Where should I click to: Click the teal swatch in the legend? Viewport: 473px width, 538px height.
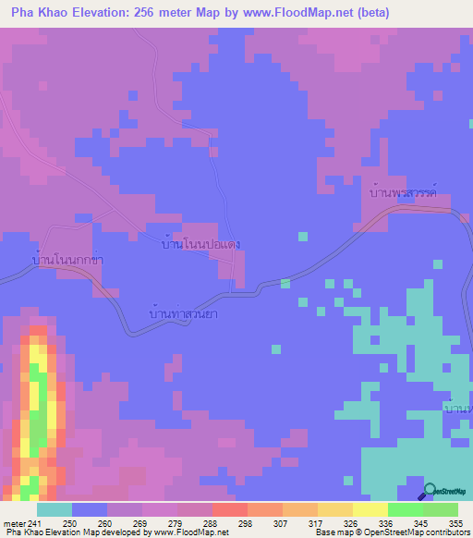click(x=54, y=509)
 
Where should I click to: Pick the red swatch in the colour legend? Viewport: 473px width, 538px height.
click(x=229, y=509)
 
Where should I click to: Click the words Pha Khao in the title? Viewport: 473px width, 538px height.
click(x=36, y=13)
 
